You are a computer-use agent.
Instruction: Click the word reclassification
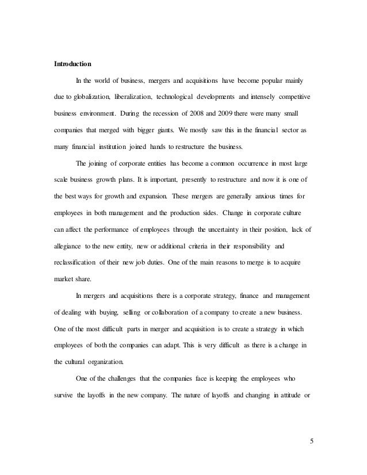[x=73, y=265]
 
